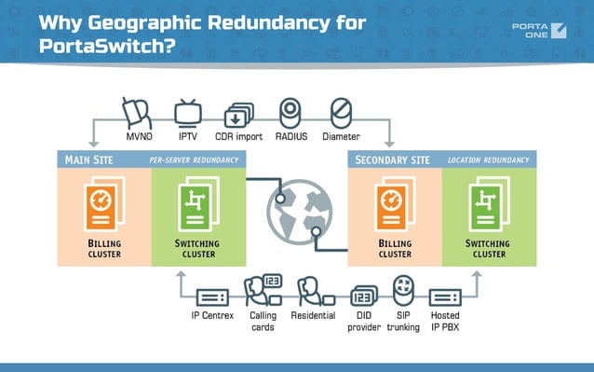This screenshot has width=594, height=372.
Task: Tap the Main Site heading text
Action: (89, 159)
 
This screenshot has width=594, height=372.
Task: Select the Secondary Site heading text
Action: (393, 159)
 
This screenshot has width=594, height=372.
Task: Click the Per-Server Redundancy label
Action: (194, 160)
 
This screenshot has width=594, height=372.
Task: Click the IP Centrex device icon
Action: (210, 297)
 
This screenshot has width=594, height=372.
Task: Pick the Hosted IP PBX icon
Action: (446, 297)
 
